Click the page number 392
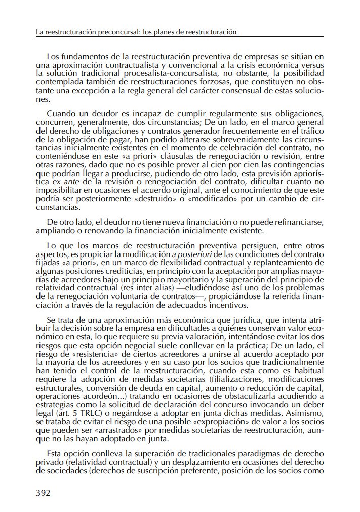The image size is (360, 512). (x=43, y=492)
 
